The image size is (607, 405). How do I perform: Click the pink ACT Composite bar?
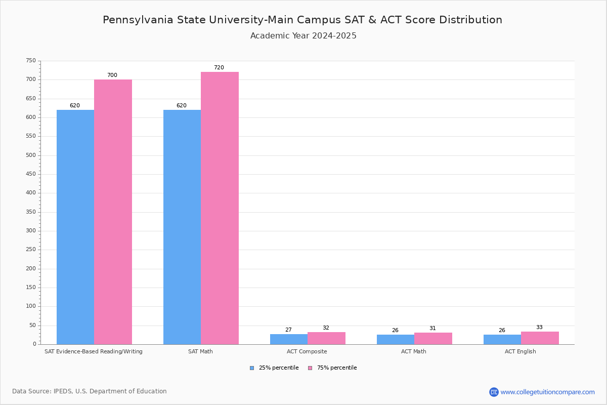point(326,338)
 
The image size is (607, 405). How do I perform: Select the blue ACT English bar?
point(502,339)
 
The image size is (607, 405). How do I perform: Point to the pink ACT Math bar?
point(433,338)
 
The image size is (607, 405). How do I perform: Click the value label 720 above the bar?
point(219,68)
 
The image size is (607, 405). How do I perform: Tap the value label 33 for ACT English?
point(539,328)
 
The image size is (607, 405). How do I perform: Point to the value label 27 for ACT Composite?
point(288,330)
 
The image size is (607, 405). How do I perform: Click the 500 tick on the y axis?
point(31,155)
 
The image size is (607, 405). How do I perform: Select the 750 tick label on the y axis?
point(31,61)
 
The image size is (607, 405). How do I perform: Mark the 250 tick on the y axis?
point(31,250)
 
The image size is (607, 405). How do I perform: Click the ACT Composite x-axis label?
point(307,351)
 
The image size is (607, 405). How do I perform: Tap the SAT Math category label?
point(200,351)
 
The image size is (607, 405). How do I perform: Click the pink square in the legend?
point(310,368)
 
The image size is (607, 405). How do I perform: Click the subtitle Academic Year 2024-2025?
point(303,36)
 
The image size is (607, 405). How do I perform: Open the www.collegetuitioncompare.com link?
point(547,392)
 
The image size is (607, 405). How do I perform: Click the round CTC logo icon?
point(494,392)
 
